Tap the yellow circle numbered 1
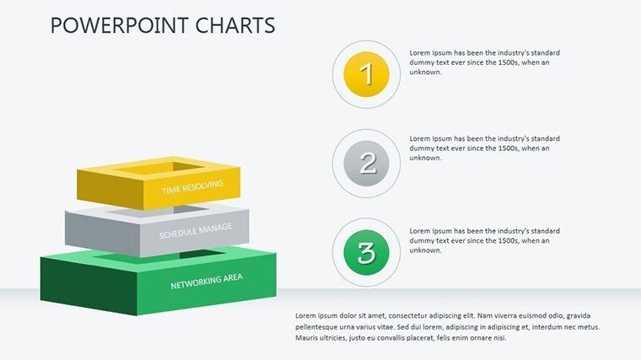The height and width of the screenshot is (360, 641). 366,74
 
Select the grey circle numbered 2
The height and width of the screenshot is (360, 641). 366,163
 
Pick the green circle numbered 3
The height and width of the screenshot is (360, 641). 366,251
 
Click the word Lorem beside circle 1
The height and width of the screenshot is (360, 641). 419,53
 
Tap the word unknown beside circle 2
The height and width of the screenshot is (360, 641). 425,158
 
